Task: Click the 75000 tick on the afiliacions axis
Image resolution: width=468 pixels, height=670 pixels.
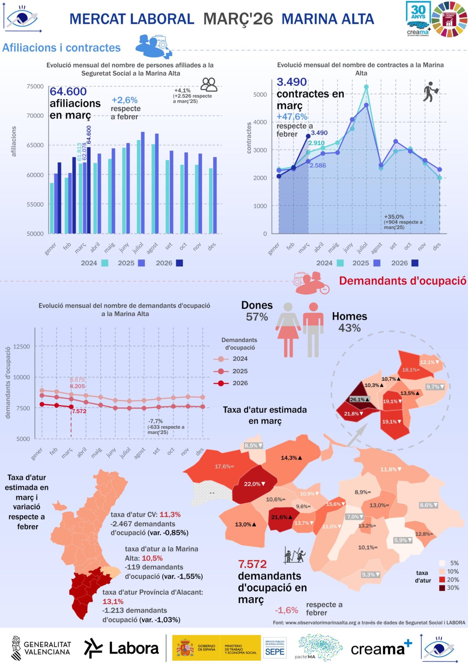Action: (x=35, y=86)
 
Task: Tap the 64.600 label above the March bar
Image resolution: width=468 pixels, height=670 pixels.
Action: (x=89, y=135)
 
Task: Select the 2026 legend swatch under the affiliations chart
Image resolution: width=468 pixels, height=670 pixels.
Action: (x=179, y=263)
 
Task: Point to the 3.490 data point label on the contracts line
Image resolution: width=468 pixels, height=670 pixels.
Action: (x=319, y=133)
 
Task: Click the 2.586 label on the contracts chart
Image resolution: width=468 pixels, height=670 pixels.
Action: (x=318, y=165)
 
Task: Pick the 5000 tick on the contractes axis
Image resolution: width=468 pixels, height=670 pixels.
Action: (x=260, y=94)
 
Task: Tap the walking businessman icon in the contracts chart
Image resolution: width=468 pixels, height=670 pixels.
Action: (x=431, y=92)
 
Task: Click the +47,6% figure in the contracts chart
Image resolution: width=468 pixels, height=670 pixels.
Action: (x=292, y=116)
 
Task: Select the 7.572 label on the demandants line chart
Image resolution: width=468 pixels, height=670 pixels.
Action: (x=79, y=411)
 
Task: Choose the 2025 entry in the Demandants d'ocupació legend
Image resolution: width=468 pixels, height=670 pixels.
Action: (x=240, y=371)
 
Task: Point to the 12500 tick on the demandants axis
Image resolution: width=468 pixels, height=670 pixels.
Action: (x=22, y=346)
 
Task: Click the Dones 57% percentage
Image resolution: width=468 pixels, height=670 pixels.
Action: (x=257, y=317)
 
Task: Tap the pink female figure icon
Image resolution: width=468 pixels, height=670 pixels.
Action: (x=288, y=330)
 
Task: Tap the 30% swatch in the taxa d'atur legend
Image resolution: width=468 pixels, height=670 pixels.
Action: (x=442, y=588)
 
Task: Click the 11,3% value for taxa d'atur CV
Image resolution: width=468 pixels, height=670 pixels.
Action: (x=170, y=515)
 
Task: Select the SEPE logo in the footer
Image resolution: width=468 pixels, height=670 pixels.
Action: (x=275, y=648)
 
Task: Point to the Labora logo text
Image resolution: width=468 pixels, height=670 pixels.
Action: (x=134, y=649)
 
